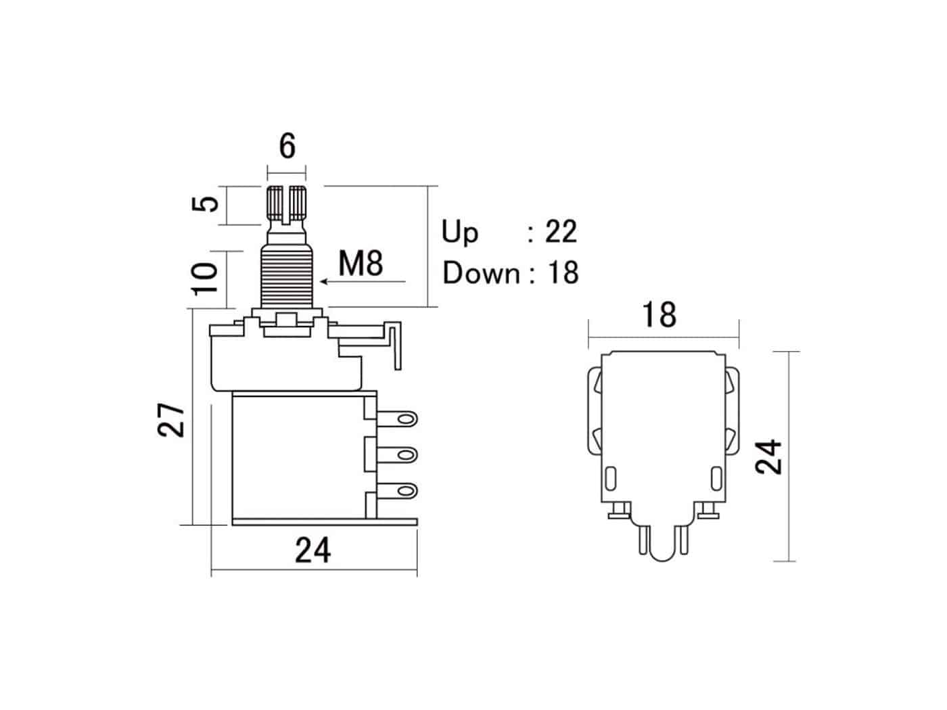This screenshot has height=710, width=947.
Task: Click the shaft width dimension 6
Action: click(x=287, y=146)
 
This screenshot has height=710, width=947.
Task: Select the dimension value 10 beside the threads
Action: click(x=204, y=279)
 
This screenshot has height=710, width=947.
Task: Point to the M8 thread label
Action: click(x=361, y=263)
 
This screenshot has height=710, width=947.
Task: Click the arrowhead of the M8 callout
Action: click(x=323, y=281)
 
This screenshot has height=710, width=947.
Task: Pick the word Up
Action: click(x=459, y=232)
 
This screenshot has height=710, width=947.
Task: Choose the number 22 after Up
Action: click(x=561, y=231)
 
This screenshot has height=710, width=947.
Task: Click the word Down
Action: click(x=481, y=273)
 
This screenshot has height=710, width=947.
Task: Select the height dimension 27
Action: click(x=171, y=421)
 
